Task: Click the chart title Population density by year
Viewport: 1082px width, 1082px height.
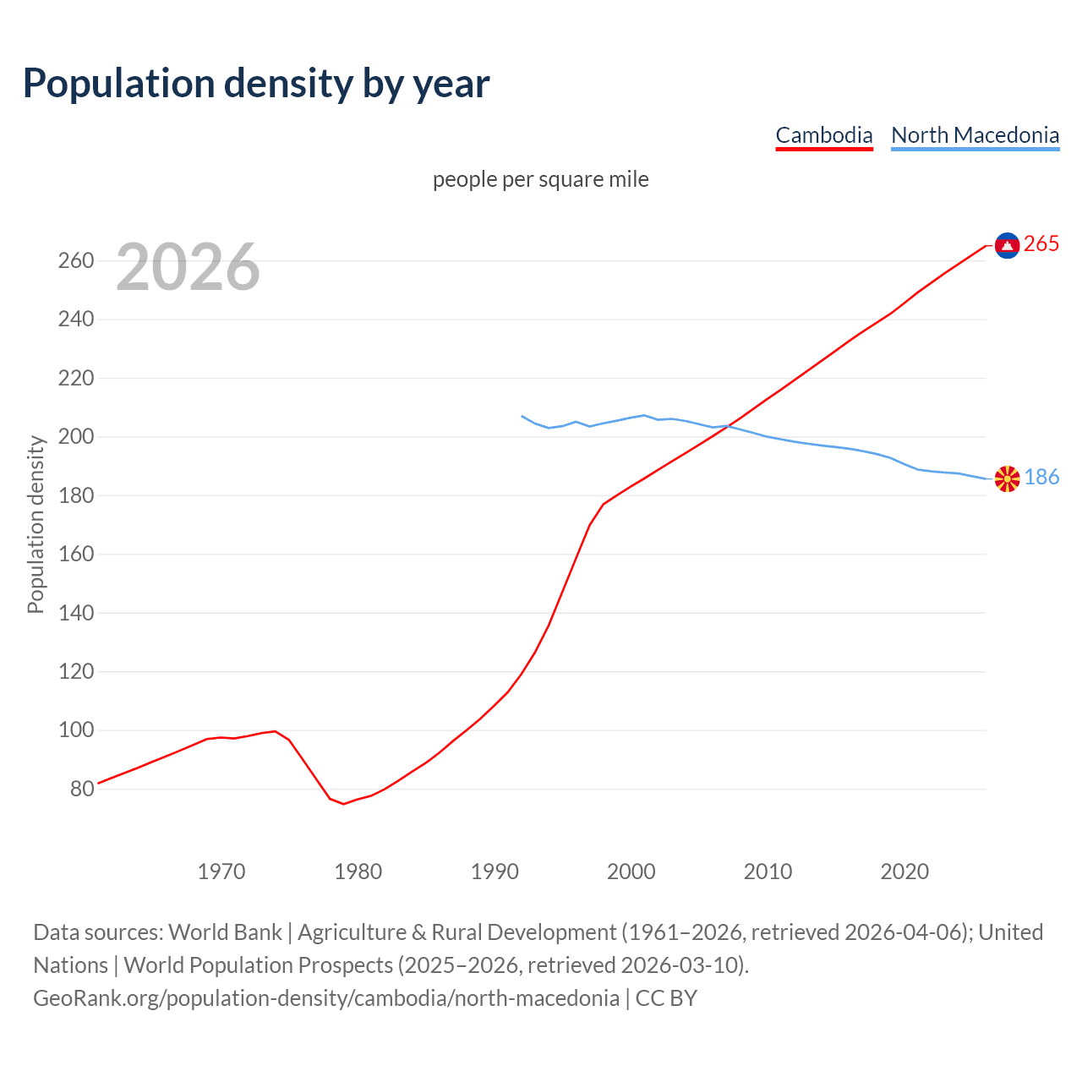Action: click(x=256, y=84)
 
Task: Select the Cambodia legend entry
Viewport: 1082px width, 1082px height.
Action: click(x=823, y=135)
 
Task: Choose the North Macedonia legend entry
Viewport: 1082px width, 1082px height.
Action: click(x=975, y=135)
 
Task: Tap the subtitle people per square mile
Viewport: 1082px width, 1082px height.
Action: click(x=540, y=179)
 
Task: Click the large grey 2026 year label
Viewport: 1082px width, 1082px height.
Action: click(x=188, y=267)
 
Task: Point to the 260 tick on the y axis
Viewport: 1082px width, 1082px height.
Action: click(x=75, y=260)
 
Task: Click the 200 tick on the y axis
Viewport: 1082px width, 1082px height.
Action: click(x=75, y=437)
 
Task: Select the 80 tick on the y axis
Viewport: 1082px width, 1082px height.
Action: click(x=81, y=789)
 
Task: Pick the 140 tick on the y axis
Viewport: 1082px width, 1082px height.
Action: click(x=75, y=613)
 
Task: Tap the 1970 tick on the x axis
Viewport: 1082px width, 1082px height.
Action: click(x=221, y=872)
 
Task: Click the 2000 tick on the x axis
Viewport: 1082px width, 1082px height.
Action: click(x=631, y=872)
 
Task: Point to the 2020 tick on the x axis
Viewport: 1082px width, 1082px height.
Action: click(x=904, y=872)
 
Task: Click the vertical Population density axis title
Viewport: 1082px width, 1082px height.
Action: click(x=36, y=524)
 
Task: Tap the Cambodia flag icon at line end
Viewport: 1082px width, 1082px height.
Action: click(x=1007, y=245)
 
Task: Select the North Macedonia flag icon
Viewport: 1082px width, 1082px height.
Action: click(x=1007, y=478)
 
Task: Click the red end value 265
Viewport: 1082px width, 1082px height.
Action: click(x=1041, y=244)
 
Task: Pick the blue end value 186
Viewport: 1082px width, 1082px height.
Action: click(x=1041, y=478)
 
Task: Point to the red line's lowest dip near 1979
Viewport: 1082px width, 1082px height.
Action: click(x=343, y=803)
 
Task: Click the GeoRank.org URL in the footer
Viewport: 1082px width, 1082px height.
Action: click(x=326, y=998)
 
